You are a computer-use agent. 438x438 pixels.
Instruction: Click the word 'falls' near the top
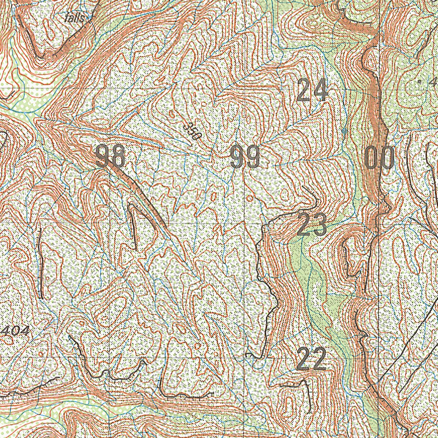tap(77, 18)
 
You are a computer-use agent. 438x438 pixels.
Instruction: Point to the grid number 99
tap(245, 157)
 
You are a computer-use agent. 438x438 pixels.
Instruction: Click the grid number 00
tap(380, 158)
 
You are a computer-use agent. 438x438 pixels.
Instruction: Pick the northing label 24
tap(313, 90)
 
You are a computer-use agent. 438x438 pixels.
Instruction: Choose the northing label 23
tap(312, 225)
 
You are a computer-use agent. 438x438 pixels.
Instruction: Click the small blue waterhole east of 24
tap(345, 130)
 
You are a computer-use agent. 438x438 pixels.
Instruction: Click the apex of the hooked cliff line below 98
tap(131, 207)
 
